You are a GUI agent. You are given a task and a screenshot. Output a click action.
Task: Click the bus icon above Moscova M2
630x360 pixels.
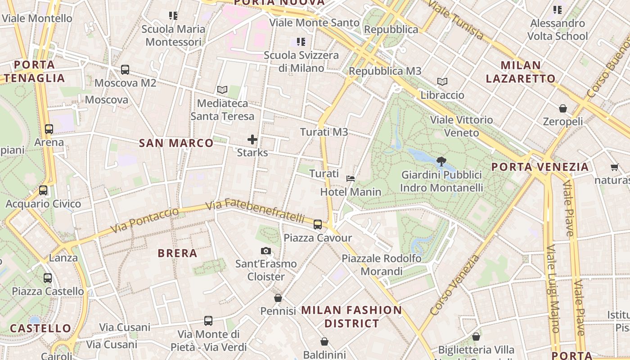point(125,70)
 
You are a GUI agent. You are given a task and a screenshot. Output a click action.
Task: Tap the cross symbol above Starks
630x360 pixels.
point(252,139)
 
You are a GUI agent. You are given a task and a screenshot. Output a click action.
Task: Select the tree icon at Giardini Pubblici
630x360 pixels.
point(441,162)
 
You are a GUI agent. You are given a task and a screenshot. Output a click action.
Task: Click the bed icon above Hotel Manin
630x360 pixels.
point(351,179)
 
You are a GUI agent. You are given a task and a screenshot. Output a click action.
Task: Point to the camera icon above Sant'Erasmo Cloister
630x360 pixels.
point(266,251)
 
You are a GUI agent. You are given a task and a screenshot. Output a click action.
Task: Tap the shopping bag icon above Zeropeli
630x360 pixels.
point(562,108)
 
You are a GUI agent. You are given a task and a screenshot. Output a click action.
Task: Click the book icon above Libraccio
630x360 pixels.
point(442,82)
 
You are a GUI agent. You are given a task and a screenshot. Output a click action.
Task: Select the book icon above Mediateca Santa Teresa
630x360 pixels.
point(222,90)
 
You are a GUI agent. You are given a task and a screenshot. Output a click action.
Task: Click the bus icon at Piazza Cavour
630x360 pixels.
point(318,224)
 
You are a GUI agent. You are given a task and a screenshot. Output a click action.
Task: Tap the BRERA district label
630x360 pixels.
point(178,253)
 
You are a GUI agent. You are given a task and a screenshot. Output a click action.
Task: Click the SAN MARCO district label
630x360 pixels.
point(176,143)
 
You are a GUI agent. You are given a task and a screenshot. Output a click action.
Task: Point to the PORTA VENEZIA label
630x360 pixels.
point(540,167)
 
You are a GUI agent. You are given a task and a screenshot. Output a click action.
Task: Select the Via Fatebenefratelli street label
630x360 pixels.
point(255,210)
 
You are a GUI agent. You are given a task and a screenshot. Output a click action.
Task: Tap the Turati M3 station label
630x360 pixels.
point(324,132)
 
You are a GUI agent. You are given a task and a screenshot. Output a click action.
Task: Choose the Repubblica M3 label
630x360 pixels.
point(385,71)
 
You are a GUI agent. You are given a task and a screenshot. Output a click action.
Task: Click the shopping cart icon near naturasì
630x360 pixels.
point(615,167)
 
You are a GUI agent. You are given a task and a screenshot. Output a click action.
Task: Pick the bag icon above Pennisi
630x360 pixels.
point(278,298)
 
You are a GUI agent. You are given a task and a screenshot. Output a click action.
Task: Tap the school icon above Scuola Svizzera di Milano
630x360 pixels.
point(301,42)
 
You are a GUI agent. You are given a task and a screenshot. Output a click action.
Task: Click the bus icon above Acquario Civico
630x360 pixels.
point(43,190)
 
